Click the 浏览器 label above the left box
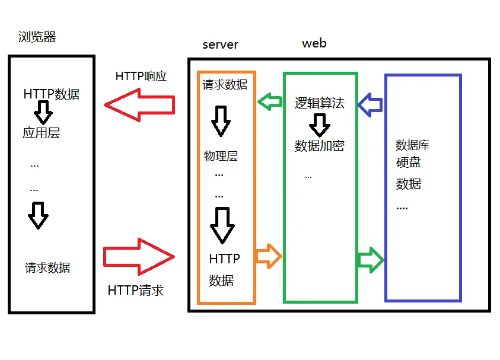37,37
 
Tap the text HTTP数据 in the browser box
51,94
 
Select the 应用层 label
42,133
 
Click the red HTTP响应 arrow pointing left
140,105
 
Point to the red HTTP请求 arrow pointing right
139,256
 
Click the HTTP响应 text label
141,76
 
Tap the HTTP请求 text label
136,290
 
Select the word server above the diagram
220,44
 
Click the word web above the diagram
314,43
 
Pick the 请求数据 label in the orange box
225,84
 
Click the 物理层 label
221,156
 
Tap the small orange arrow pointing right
267,256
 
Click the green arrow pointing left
270,102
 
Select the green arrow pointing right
371,260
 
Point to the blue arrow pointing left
371,104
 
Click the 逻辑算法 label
319,103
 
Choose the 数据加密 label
319,146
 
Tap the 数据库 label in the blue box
412,145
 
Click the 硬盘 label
408,162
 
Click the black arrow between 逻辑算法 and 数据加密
320,125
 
